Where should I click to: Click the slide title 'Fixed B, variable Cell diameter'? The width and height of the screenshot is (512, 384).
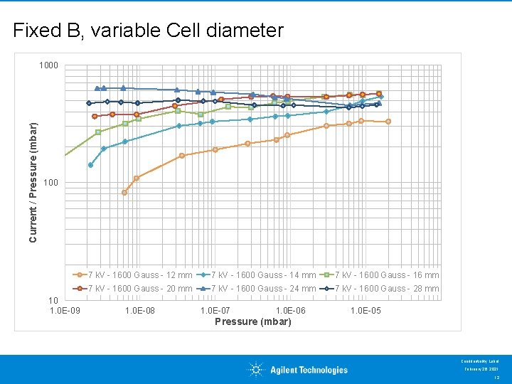(148, 31)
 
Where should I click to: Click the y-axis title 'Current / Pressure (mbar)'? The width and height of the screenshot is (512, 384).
(33, 180)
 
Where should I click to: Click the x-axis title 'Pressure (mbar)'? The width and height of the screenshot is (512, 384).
(253, 321)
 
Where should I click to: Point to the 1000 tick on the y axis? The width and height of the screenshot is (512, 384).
(48, 66)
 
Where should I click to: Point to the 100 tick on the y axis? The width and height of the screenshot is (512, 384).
(50, 183)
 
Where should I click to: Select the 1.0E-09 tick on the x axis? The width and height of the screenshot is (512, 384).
(65, 311)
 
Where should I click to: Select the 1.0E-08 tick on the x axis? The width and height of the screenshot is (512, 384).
(140, 311)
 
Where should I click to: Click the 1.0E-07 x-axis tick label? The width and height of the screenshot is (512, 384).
(215, 311)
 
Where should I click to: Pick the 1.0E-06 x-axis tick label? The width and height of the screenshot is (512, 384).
(290, 311)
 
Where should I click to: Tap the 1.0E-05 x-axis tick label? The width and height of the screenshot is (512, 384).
(366, 311)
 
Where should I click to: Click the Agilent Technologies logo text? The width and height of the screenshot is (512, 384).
(309, 370)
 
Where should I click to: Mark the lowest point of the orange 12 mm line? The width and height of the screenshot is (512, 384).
(124, 193)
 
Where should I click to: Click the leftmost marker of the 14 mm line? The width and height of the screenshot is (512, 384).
(90, 165)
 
